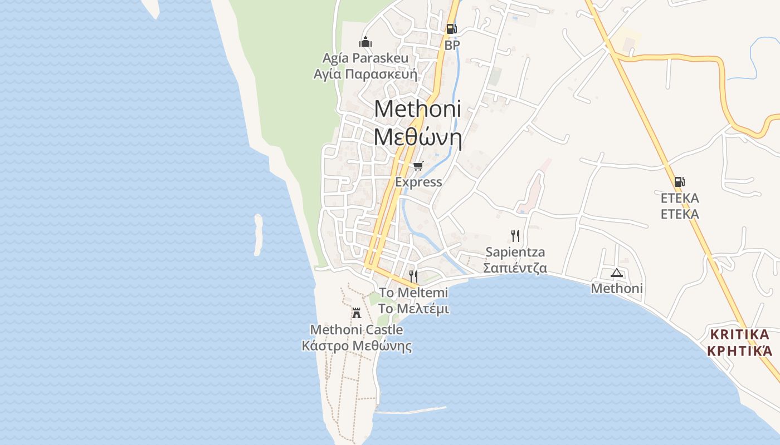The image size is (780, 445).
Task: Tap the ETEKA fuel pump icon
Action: (679, 181)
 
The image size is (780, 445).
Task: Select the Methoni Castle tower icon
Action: (357, 313)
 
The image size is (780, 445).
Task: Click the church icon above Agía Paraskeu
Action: (365, 42)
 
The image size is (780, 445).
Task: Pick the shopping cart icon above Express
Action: (418, 166)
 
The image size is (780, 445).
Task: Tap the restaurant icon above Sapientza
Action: (515, 236)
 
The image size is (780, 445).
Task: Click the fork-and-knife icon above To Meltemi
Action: (413, 275)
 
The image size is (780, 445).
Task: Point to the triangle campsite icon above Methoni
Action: (616, 273)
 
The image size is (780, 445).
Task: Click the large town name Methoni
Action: (417, 108)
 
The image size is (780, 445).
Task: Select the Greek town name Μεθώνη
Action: (417, 137)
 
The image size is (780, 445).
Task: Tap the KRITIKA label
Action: (739, 334)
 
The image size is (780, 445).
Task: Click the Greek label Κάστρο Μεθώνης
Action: (357, 346)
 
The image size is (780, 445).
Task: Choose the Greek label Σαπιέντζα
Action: (515, 268)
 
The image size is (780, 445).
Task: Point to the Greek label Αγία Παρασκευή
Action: (365, 74)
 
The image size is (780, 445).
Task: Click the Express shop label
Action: (418, 182)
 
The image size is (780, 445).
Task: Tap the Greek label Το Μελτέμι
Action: (413, 309)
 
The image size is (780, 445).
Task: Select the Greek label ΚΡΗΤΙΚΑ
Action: (739, 351)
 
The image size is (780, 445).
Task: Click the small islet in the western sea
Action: (258, 235)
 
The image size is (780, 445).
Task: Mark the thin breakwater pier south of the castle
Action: (411, 410)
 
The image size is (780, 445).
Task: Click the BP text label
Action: (452, 45)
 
